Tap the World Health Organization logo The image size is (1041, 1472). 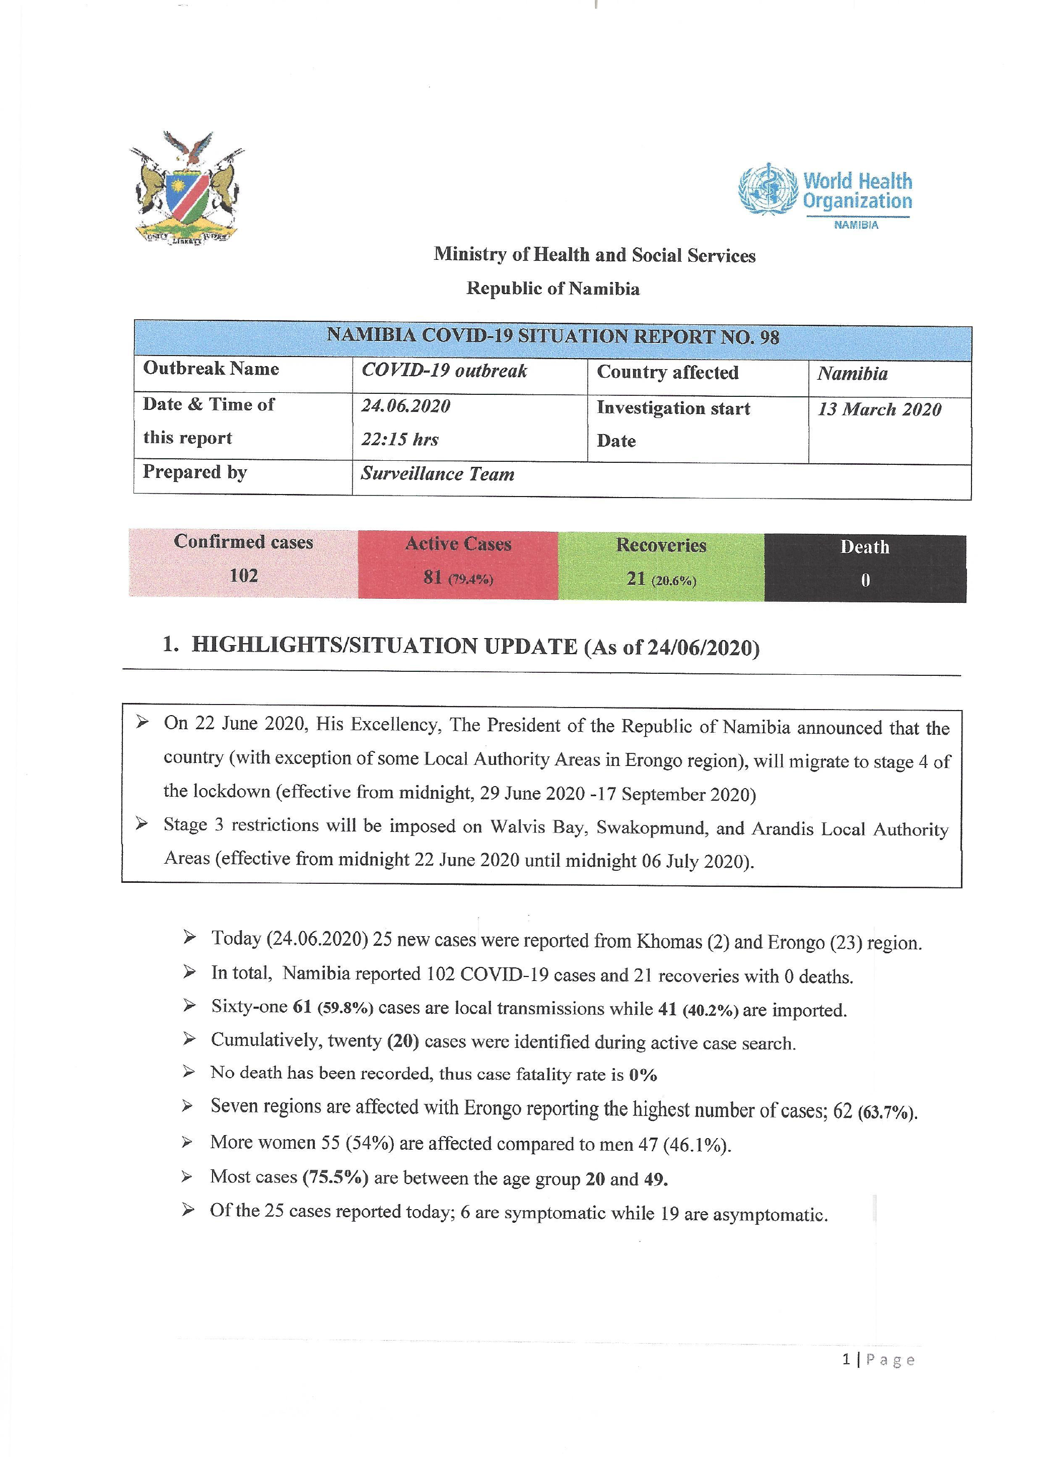point(825,192)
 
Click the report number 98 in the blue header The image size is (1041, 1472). point(769,338)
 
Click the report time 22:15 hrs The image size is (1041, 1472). point(400,440)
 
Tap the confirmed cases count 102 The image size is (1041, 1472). point(244,575)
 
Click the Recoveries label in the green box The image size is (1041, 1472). point(661,545)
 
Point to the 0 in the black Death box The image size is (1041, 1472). point(865,580)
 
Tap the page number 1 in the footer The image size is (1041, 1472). point(846,1360)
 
